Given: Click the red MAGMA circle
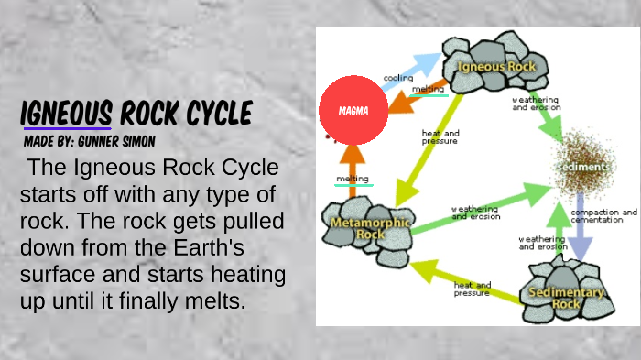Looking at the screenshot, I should pos(353,111).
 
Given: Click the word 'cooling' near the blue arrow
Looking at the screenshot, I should pos(397,78).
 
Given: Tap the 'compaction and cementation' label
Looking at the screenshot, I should pos(603,216).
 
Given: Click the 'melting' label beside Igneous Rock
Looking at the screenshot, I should pos(428,90).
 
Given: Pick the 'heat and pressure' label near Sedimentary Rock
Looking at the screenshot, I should pos(472,289).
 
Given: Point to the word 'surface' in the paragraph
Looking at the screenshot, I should pos(60,275).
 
